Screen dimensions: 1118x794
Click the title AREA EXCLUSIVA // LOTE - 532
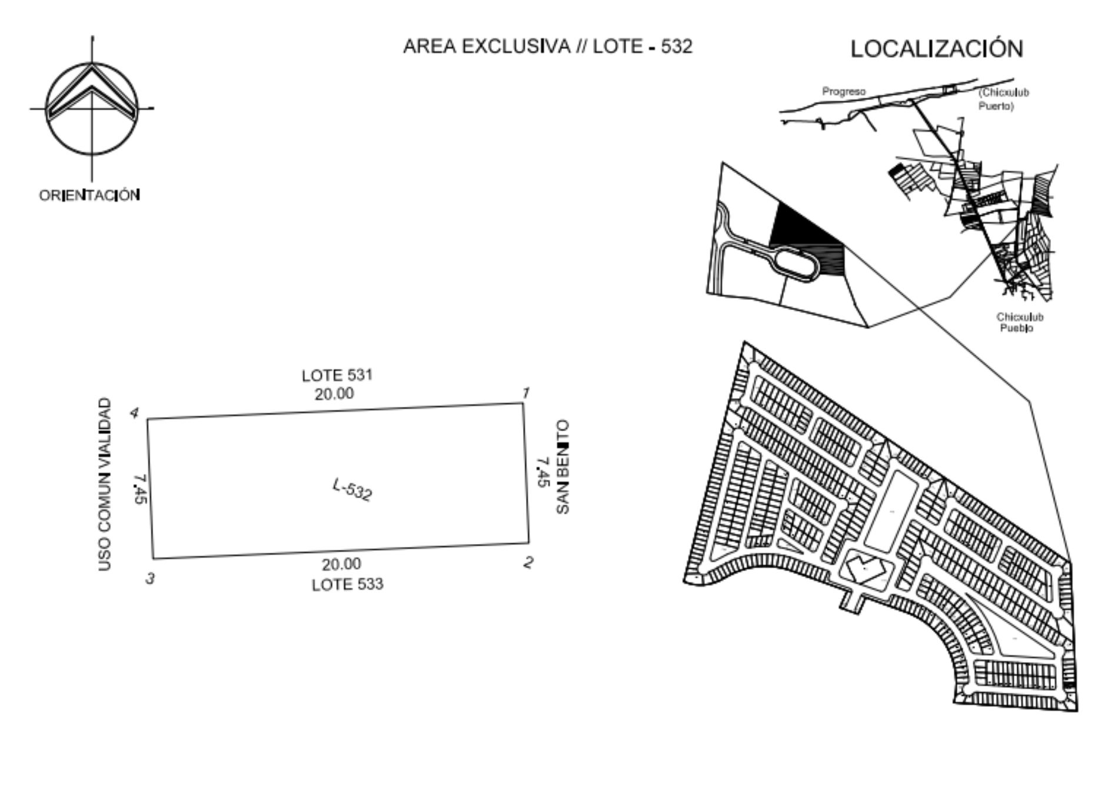[x=548, y=46]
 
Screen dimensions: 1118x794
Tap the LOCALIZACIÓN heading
[x=937, y=49]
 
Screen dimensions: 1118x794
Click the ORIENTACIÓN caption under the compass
[x=89, y=195]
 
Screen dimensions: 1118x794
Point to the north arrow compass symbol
[x=92, y=108]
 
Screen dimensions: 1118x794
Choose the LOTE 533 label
[x=347, y=585]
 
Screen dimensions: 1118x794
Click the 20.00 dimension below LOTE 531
[x=334, y=393]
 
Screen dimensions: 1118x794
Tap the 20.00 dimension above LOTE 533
[x=341, y=564]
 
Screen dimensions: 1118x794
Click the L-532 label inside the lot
[x=352, y=490]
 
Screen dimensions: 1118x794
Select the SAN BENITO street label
[x=563, y=466]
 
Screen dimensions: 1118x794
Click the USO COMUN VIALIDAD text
[x=104, y=484]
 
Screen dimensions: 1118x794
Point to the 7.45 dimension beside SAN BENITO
[x=542, y=472]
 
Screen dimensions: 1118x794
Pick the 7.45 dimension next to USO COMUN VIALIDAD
[x=140, y=489]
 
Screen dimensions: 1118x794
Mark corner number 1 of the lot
[x=523, y=403]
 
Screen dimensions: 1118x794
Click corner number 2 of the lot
[x=528, y=542]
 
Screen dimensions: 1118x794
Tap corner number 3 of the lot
[x=153, y=558]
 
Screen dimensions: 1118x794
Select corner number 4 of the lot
[x=147, y=419]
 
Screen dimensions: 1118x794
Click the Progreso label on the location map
[x=844, y=92]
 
